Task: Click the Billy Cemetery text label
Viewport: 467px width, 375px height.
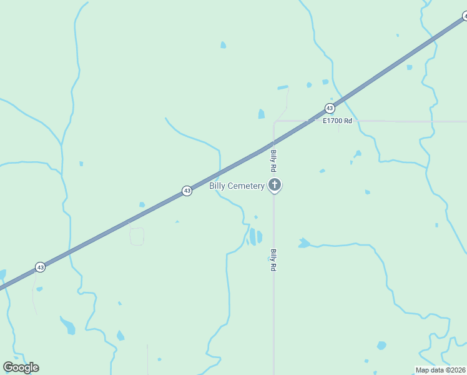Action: click(x=237, y=186)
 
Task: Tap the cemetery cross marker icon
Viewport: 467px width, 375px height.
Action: click(x=274, y=185)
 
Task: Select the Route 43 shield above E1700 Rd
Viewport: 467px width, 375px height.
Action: click(x=330, y=108)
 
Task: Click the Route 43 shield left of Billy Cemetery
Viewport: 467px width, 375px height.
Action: click(x=187, y=191)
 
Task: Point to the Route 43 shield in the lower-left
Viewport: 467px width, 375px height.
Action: click(x=40, y=267)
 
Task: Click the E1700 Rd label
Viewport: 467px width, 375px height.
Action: click(x=337, y=121)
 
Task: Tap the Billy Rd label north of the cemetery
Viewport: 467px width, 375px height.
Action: click(x=273, y=161)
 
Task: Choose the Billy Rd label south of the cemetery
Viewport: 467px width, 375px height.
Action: click(x=273, y=260)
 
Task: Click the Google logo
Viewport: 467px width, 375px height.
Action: click(x=21, y=367)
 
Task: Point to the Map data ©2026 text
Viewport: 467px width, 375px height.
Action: click(x=440, y=370)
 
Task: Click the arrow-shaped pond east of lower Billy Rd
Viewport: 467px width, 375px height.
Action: click(x=304, y=242)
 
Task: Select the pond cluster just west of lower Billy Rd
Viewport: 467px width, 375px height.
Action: click(x=255, y=237)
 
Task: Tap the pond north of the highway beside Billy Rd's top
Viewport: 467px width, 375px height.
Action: click(x=261, y=114)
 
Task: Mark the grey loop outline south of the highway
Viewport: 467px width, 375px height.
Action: click(x=137, y=236)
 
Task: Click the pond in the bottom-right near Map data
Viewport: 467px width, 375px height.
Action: click(x=381, y=345)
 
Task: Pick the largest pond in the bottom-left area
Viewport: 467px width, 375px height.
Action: click(x=68, y=326)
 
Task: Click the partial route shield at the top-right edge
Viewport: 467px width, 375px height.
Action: click(x=465, y=17)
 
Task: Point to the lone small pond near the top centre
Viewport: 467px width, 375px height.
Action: click(x=223, y=45)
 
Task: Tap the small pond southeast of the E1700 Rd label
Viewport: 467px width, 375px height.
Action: click(x=357, y=154)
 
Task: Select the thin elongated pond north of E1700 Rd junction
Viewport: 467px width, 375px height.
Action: click(x=283, y=87)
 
